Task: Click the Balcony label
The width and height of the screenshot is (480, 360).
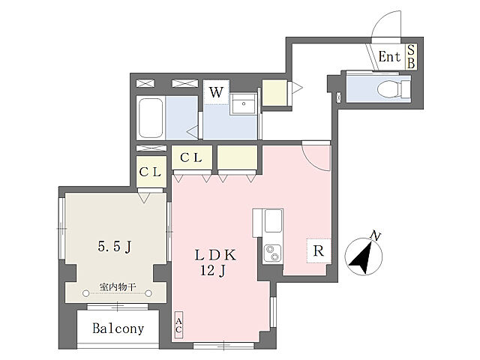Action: click(118, 328)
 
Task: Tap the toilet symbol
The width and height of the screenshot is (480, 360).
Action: click(393, 88)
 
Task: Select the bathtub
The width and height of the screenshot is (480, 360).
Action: click(151, 118)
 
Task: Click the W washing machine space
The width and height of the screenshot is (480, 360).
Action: click(216, 92)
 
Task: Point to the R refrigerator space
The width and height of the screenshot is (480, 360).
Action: click(319, 250)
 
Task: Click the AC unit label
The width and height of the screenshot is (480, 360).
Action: click(178, 325)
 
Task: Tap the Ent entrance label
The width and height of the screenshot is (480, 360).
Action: click(389, 57)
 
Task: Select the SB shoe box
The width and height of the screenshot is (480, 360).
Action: click(411, 57)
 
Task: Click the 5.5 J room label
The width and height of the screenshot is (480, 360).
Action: click(115, 246)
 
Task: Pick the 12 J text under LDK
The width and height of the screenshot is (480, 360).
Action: click(213, 271)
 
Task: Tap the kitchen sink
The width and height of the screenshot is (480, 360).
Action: click(273, 220)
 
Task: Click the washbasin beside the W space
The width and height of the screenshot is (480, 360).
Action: click(244, 103)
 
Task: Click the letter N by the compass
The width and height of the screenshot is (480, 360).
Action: click(375, 235)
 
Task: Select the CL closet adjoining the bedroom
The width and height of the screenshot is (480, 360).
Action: click(151, 172)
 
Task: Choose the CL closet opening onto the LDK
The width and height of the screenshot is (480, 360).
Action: click(192, 157)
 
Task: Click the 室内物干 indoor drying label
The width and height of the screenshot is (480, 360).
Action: click(118, 287)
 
